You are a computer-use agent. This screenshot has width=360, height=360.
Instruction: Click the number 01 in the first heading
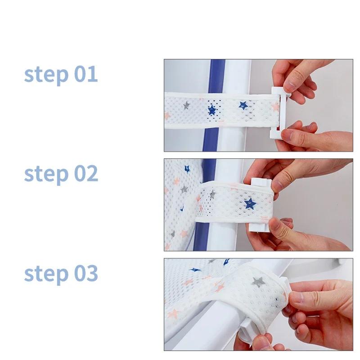tap(86, 74)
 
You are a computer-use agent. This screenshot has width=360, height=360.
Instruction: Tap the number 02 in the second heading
tap(86, 173)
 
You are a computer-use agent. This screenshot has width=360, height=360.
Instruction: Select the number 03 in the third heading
tap(86, 273)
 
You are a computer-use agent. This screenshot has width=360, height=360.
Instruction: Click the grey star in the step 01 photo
tap(186, 105)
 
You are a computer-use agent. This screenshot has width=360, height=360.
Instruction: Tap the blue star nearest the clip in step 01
tap(243, 105)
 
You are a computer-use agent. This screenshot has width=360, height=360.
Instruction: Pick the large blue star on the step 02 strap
tap(250, 204)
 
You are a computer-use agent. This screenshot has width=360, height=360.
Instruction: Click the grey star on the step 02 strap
tap(212, 194)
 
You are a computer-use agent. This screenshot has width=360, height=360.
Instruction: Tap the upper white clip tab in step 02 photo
tap(261, 183)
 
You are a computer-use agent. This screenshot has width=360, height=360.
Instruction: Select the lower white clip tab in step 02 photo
tap(258, 227)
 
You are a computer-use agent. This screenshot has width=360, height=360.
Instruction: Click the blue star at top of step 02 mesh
tap(187, 169)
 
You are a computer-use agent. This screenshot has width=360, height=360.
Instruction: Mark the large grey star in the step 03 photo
tap(258, 282)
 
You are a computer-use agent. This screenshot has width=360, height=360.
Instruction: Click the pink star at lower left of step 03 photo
tap(173, 314)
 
